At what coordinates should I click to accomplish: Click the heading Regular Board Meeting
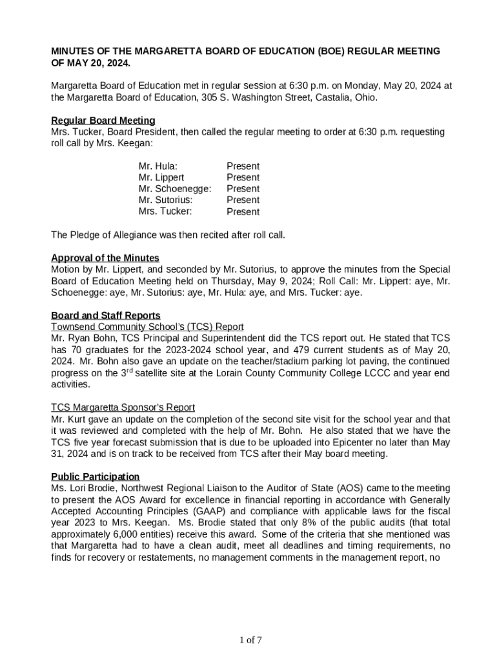pyautogui.click(x=103, y=121)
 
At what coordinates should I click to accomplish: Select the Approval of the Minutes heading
pyautogui.click(x=105, y=258)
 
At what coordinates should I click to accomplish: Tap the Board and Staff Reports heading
pyautogui.click(x=106, y=315)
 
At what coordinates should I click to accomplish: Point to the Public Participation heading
pyautogui.click(x=96, y=476)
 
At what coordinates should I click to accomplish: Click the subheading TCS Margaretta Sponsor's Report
pyautogui.click(x=123, y=407)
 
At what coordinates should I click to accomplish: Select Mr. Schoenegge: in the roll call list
pyautogui.click(x=175, y=188)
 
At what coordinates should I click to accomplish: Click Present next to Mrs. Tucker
pyautogui.click(x=243, y=211)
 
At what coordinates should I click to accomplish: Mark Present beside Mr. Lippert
pyautogui.click(x=243, y=177)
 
